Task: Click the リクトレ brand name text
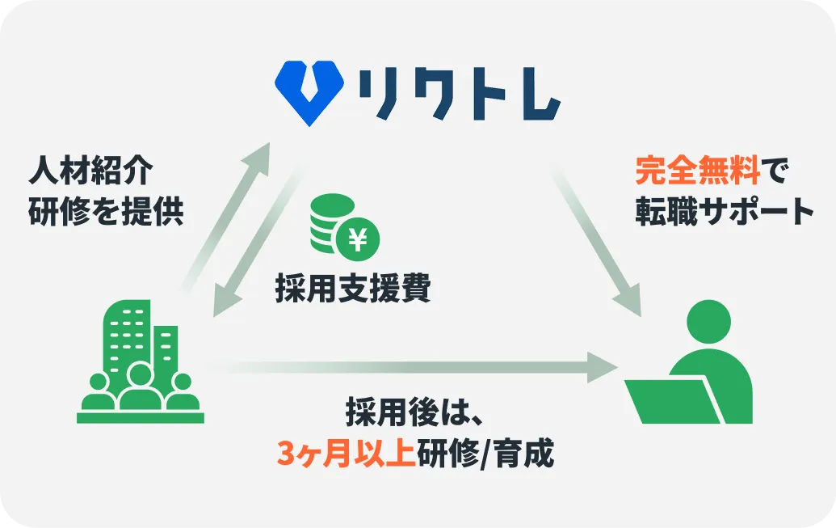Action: click(459, 95)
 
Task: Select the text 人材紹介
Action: click(90, 171)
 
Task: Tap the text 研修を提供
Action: click(106, 211)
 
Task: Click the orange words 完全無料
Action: click(698, 171)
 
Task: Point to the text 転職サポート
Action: click(724, 211)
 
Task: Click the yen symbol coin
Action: click(358, 239)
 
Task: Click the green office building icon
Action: click(141, 361)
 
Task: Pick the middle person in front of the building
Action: click(141, 386)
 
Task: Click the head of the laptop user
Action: click(708, 322)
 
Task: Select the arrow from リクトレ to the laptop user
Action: click(595, 241)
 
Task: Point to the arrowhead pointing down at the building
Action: click(226, 303)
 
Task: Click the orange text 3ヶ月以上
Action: click(346, 454)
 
